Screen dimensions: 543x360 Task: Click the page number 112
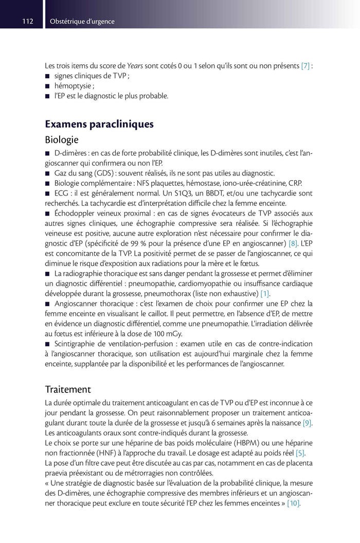point(27,21)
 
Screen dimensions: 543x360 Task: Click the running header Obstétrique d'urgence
point(82,21)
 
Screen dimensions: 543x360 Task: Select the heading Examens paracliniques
point(99,124)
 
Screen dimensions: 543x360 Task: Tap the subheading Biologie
point(62,139)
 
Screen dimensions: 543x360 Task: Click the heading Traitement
point(68,389)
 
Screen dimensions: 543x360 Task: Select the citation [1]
point(265,293)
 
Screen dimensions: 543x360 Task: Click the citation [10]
point(293,502)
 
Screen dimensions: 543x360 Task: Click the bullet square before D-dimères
point(48,153)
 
